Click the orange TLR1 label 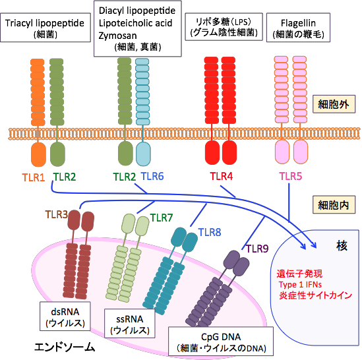coord(34,177)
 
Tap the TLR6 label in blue coord(152,176)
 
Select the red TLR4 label coord(222,176)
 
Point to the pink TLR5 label coord(291,176)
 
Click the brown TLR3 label coord(56,214)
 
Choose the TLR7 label coord(162,218)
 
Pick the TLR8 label coord(210,232)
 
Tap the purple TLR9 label coord(257,249)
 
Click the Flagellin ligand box coord(298,28)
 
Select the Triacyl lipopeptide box coord(45,28)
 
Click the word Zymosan coord(118,36)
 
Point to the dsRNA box coord(65,316)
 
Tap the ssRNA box coord(129,324)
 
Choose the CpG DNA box coord(221,342)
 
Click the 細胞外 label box coord(334,104)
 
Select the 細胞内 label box coord(334,205)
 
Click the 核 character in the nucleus coord(342,246)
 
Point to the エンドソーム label coord(65,347)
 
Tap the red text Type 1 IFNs coord(300,284)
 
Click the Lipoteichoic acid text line coord(136,23)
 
